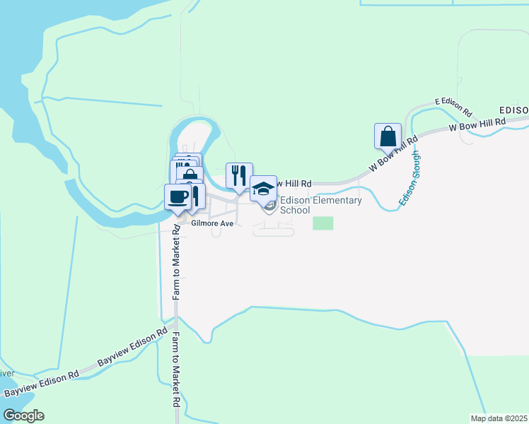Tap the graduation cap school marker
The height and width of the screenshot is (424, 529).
click(x=263, y=189)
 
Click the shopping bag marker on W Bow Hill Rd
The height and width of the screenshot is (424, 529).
click(x=388, y=136)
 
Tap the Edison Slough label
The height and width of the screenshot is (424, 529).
click(x=409, y=178)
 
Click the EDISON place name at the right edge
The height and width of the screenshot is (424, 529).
click(x=513, y=111)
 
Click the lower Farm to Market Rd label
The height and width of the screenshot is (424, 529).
click(x=173, y=371)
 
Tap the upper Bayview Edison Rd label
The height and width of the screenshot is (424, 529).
click(x=132, y=347)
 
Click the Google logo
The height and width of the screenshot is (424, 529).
click(x=23, y=416)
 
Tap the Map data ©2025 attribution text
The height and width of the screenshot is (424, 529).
click(x=498, y=418)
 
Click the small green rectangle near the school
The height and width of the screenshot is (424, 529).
click(x=323, y=223)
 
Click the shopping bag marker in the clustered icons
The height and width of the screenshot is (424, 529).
click(x=190, y=175)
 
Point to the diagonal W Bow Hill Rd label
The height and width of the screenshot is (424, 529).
click(x=390, y=156)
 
